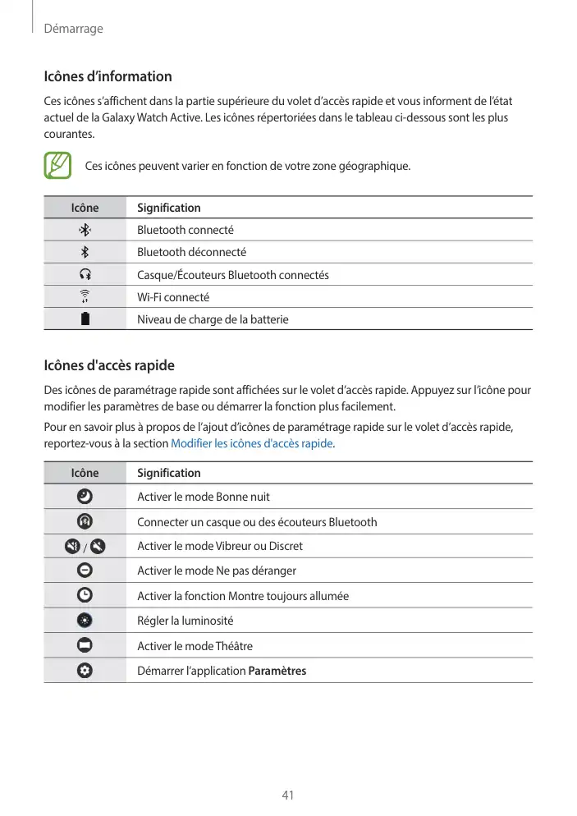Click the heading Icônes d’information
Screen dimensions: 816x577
[108, 76]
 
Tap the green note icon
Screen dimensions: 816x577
[58, 165]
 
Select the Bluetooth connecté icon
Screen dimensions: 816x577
[85, 230]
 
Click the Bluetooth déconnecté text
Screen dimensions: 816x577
[191, 252]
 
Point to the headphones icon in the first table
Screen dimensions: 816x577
[85, 274]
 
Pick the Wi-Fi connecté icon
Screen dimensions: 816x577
[85, 297]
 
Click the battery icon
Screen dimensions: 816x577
[85, 319]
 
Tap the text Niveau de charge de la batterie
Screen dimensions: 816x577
[213, 319]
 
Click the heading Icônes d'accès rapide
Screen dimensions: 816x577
[108, 365]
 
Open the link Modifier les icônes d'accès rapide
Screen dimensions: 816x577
[251, 443]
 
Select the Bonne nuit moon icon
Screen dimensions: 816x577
[85, 496]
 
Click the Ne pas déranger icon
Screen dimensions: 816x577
[85, 570]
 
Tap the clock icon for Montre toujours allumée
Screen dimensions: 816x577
[85, 595]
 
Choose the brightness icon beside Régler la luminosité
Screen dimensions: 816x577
[85, 621]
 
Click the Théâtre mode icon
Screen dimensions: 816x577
[85, 645]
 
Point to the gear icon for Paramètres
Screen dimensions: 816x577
[85, 671]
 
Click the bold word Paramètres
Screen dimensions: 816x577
[277, 671]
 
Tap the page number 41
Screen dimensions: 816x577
[288, 795]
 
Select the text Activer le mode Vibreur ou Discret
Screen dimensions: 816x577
[219, 546]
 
